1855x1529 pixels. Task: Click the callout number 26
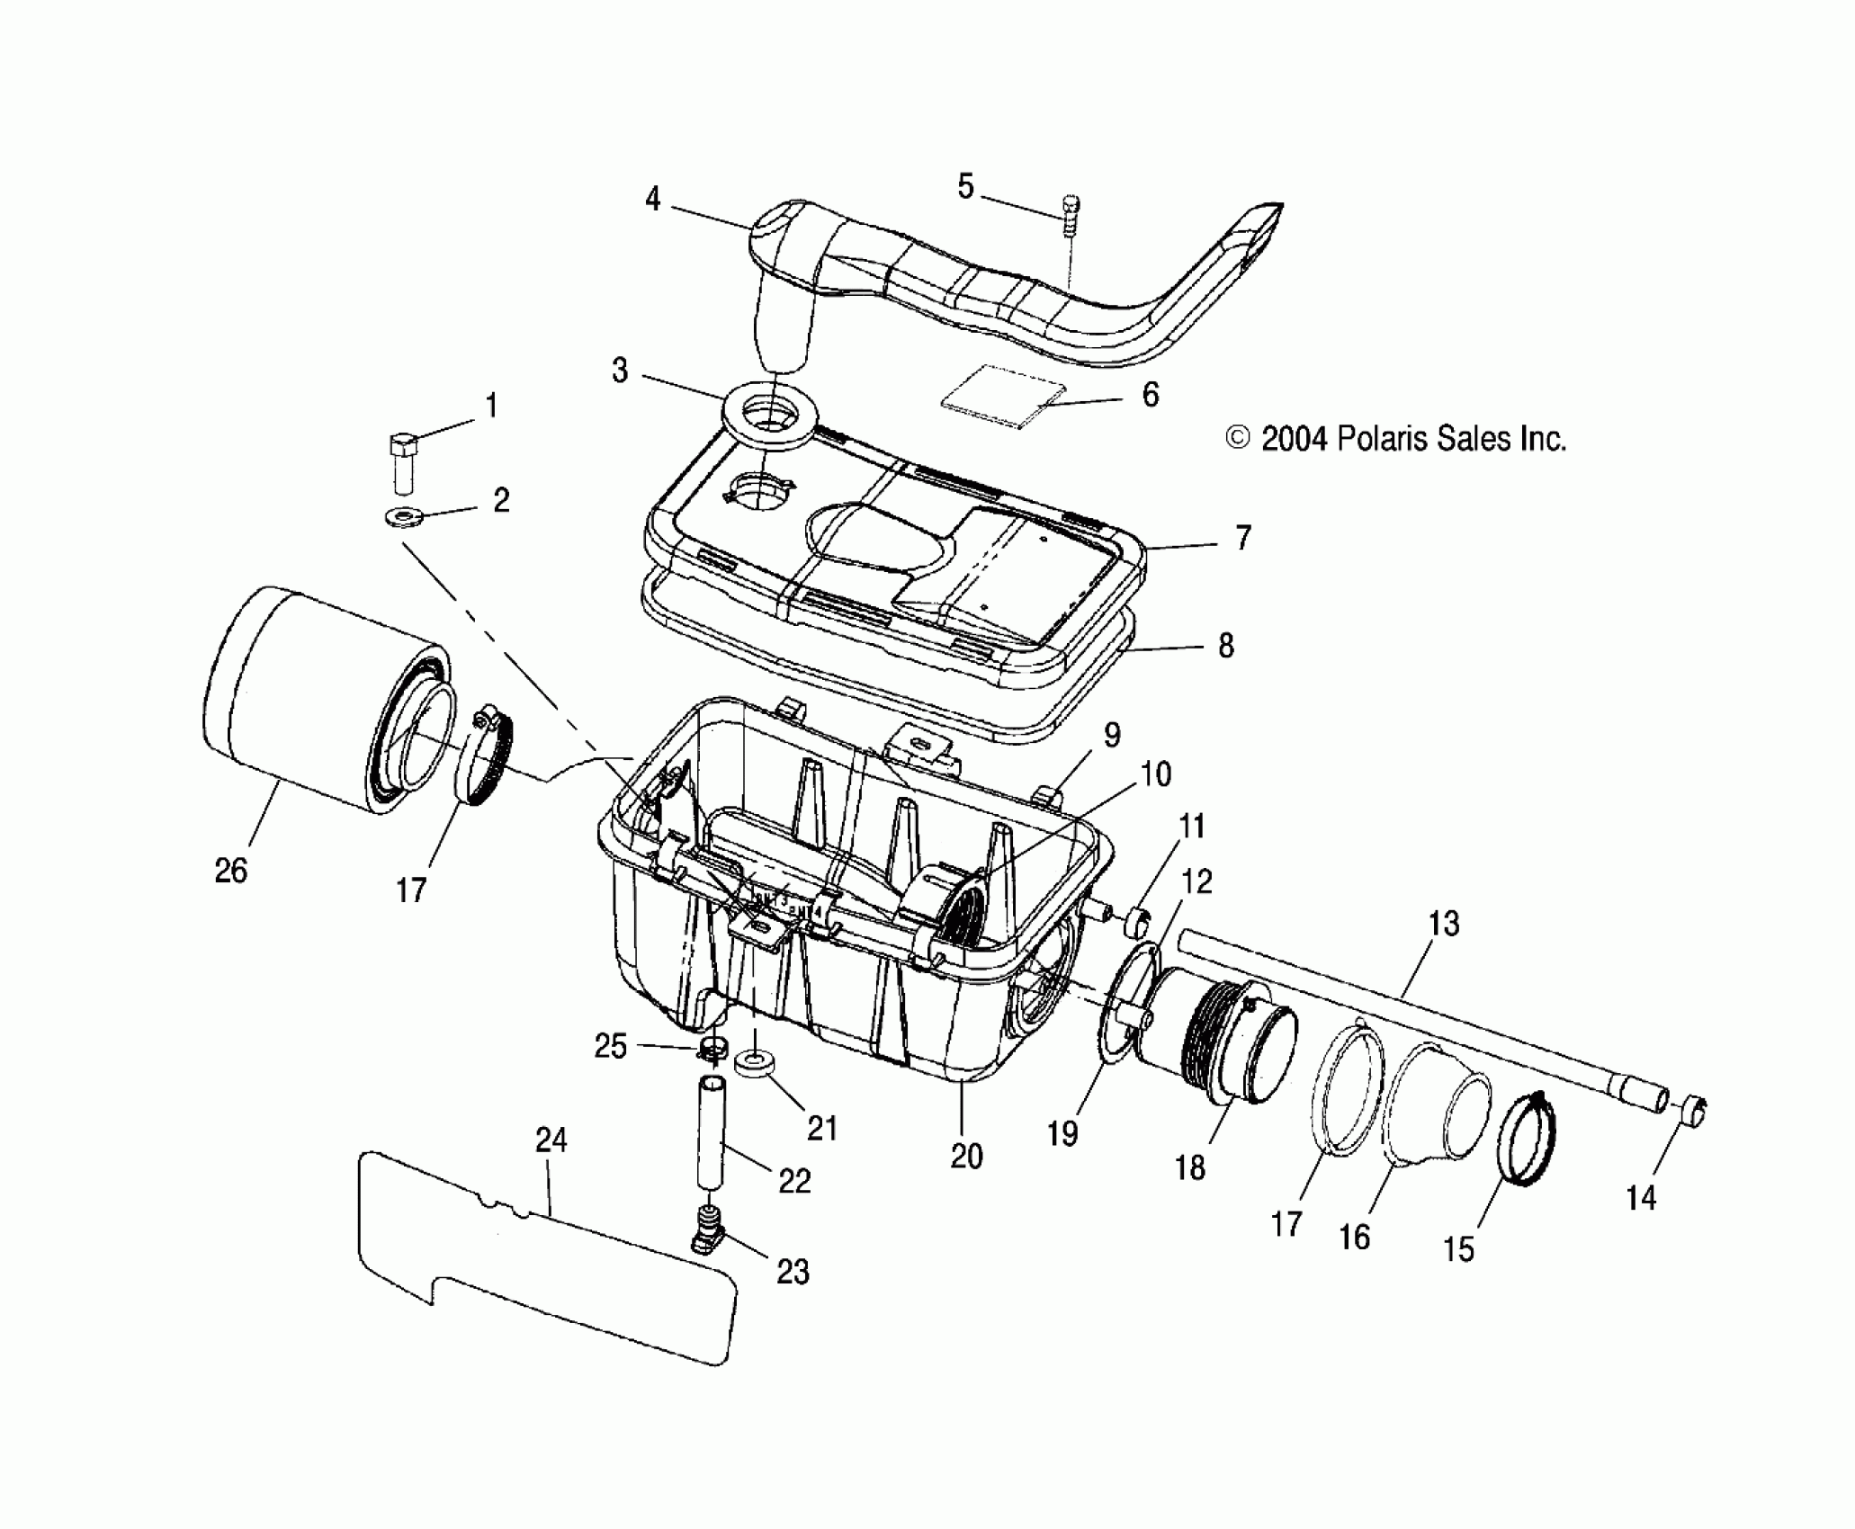(230, 871)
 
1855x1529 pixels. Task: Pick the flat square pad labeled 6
(999, 392)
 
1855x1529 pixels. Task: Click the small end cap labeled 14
(1692, 1111)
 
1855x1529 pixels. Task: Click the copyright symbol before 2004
(1239, 439)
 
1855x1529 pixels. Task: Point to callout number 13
(1443, 924)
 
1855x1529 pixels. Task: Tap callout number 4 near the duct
(653, 199)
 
